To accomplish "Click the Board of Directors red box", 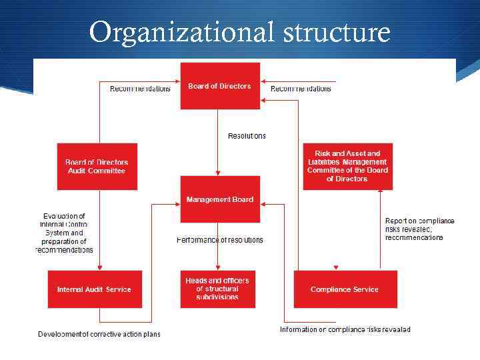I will (x=220, y=86).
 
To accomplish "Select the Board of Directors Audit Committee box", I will (x=97, y=166).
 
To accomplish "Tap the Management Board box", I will (x=220, y=199).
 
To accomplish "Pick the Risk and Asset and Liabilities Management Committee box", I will (x=347, y=166).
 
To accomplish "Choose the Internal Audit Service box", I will (x=95, y=289).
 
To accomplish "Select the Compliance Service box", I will (x=345, y=289).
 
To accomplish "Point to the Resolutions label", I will (x=247, y=136).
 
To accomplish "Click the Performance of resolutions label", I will (x=220, y=240).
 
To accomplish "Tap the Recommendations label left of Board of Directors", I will (x=140, y=89).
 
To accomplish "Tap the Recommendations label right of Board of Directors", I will (x=301, y=89).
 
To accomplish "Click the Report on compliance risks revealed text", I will (x=419, y=229).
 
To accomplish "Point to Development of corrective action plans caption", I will (x=99, y=334).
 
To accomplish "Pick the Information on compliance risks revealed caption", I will (x=345, y=329).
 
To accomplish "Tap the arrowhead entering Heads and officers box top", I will (x=218, y=267).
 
